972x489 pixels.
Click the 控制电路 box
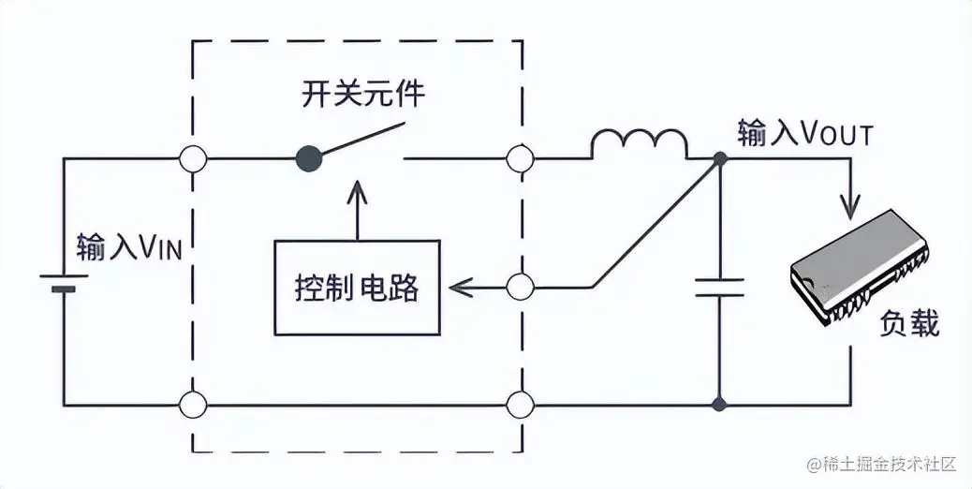click(x=357, y=287)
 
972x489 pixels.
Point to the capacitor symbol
click(x=720, y=288)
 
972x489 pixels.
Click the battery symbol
click(x=63, y=283)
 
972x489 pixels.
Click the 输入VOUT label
click(x=804, y=135)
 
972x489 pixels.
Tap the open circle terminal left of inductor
click(x=520, y=159)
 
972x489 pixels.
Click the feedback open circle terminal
click(x=520, y=286)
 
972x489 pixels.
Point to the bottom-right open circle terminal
click(x=520, y=406)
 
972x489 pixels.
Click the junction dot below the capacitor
click(x=720, y=406)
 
